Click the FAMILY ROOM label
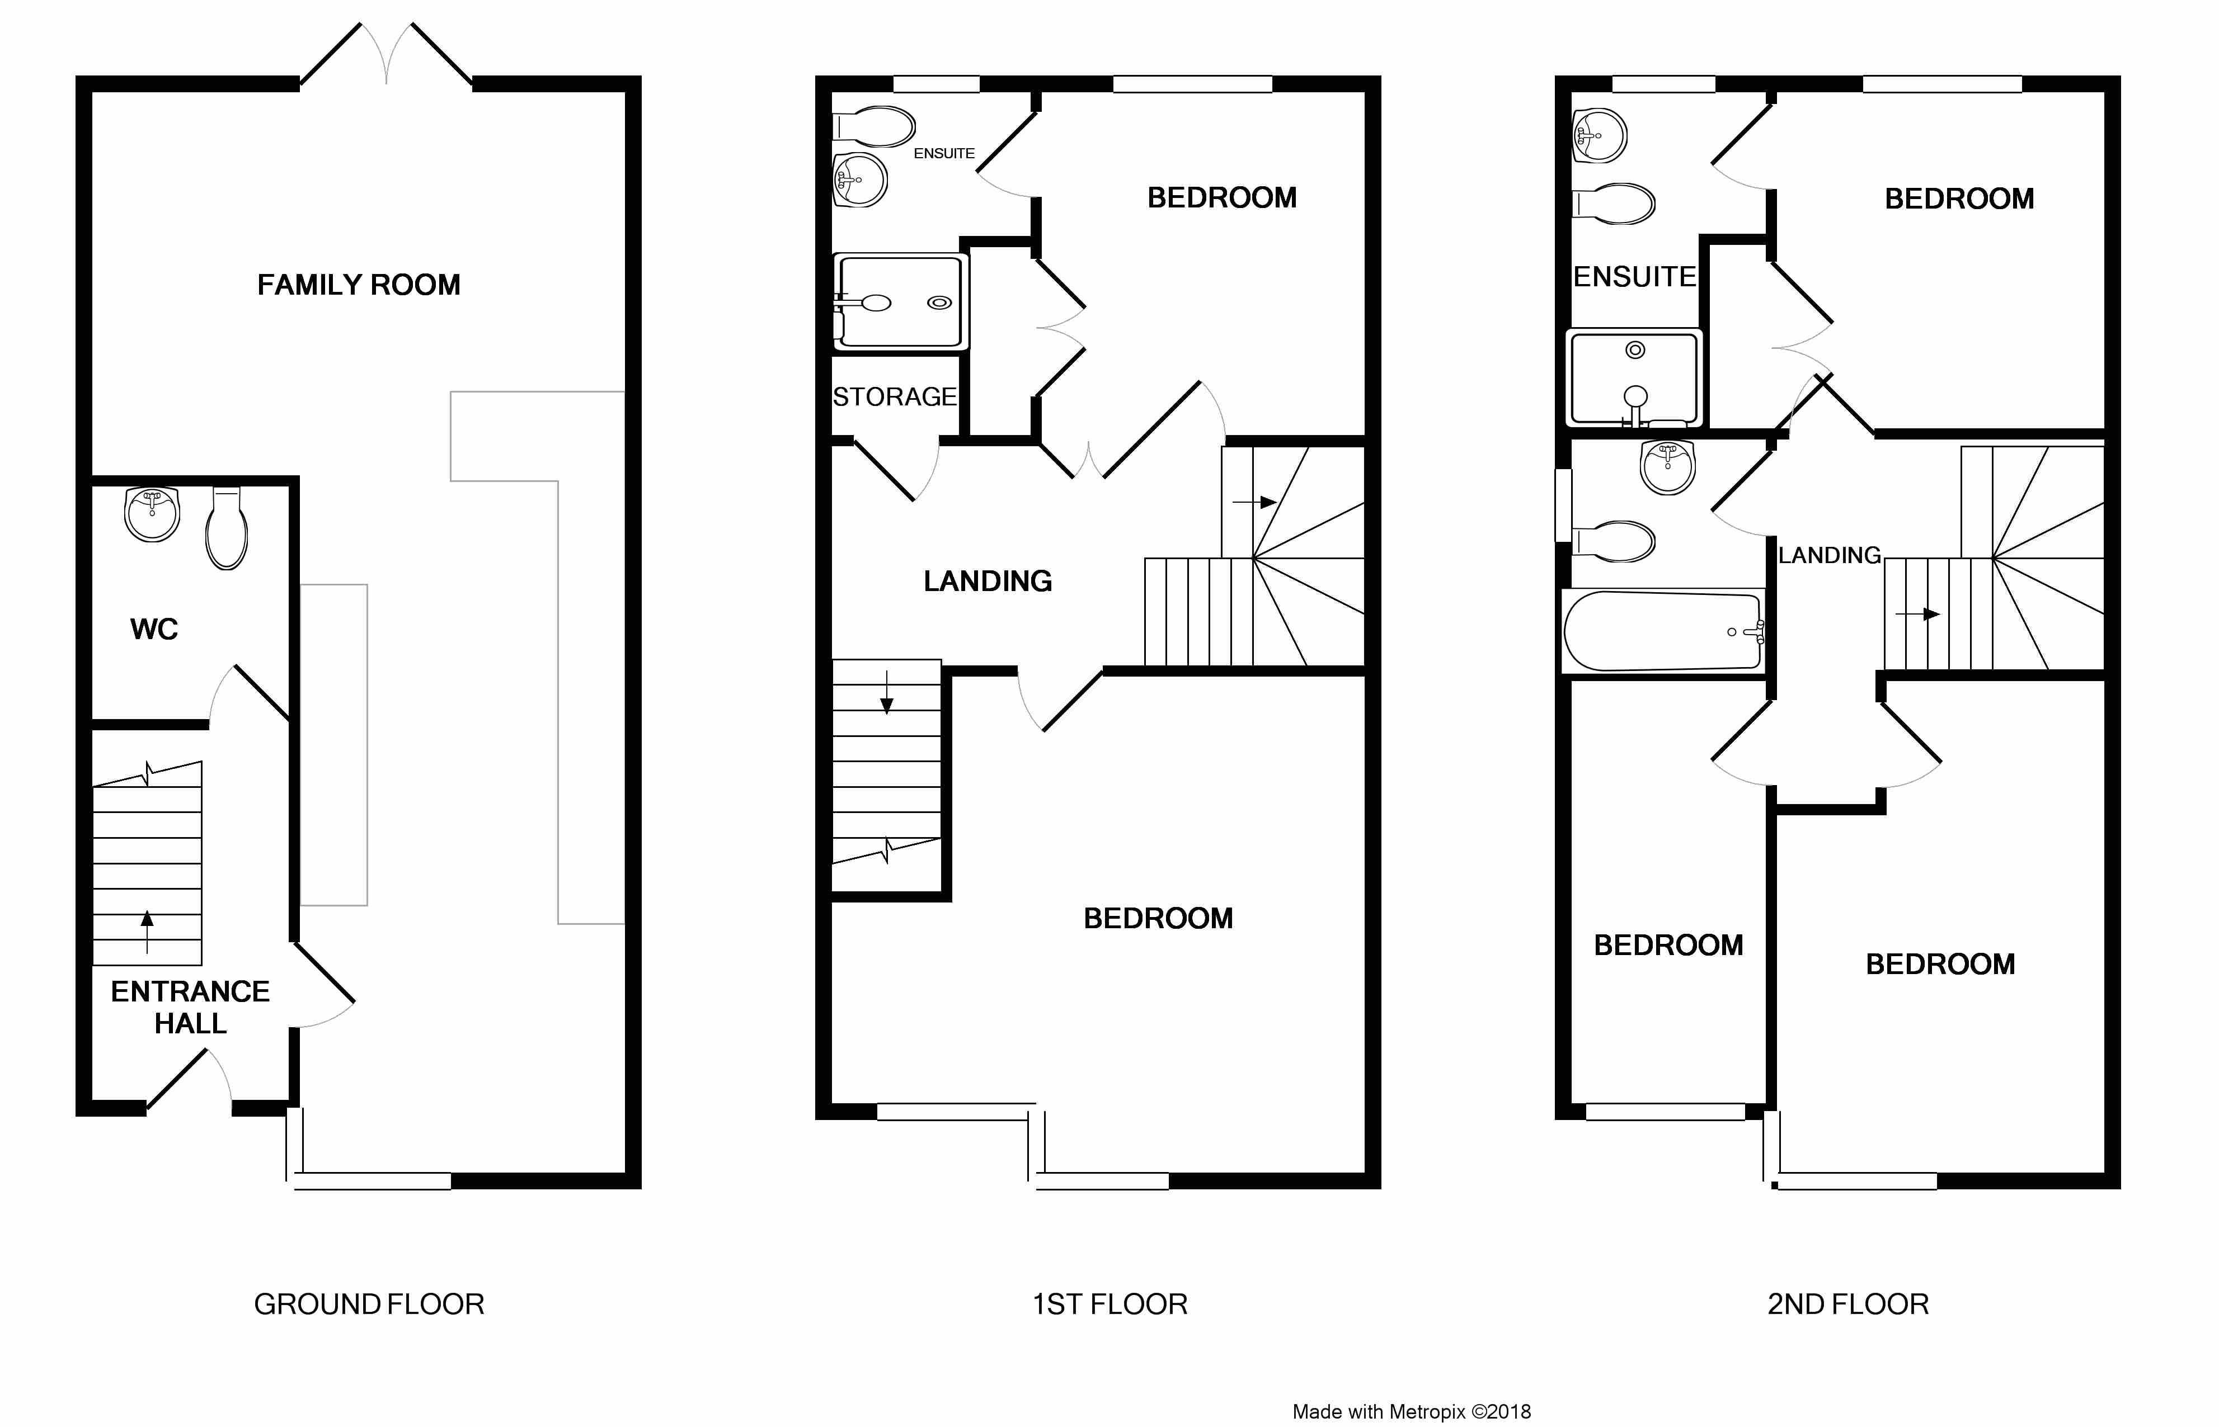click(359, 285)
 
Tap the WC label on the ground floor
click(154, 629)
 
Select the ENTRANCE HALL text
click(190, 1007)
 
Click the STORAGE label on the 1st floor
click(895, 396)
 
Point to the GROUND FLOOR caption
click(369, 1305)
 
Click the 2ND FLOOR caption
click(1848, 1305)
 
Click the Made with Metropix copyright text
click(1412, 1411)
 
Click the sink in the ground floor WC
click(152, 515)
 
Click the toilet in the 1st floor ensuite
click(874, 127)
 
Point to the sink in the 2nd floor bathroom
click(1667, 467)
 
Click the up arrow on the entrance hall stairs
click(147, 931)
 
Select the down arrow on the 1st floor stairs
click(886, 692)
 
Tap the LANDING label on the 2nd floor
click(1829, 555)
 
